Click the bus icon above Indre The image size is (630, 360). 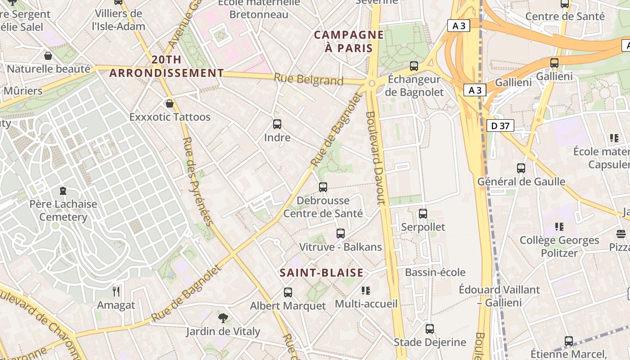click(277, 124)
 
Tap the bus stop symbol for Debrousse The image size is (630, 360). click(323, 187)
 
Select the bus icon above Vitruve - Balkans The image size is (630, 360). click(341, 233)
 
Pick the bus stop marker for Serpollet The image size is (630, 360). click(423, 213)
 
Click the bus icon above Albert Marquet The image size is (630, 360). click(288, 292)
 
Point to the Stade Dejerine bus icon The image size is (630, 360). click(430, 328)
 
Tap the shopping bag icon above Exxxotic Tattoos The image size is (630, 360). click(170, 103)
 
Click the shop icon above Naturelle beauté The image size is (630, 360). click(48, 56)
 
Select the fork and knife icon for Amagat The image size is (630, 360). click(116, 291)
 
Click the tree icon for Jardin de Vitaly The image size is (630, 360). click(223, 318)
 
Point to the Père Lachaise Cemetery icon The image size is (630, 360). click(63, 191)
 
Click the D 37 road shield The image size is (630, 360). click(500, 126)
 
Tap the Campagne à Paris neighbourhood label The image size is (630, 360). click(349, 41)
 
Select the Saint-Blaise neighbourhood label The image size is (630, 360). click(321, 273)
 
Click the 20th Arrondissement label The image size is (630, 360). click(166, 66)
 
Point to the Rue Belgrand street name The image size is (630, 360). click(308, 80)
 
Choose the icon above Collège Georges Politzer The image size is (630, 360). click(559, 227)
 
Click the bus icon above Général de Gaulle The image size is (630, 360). click(521, 168)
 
